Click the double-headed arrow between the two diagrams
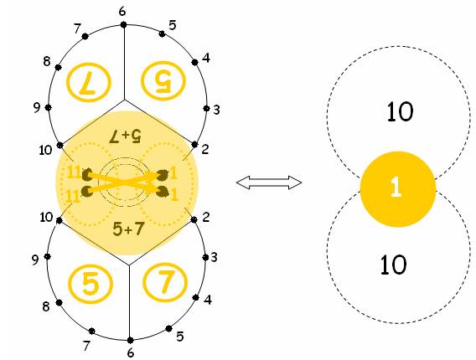point(269,183)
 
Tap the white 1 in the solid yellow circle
point(396,188)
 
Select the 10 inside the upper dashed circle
point(400,111)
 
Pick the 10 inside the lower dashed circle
point(393,265)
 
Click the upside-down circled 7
point(89,82)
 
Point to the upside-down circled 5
point(163,81)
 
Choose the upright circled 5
point(91,284)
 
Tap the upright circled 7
point(165,283)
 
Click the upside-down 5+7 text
point(126,136)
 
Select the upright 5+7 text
point(128,229)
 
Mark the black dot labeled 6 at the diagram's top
point(123,25)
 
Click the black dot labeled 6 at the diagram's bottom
point(130,340)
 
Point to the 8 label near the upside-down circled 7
point(46,61)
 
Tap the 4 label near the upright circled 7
point(208,300)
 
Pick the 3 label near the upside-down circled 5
point(216,110)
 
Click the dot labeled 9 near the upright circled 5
point(48,256)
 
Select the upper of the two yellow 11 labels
point(73,172)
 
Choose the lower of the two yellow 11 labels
point(73,196)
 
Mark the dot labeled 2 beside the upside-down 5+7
point(194,144)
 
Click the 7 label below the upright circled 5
point(87,346)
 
